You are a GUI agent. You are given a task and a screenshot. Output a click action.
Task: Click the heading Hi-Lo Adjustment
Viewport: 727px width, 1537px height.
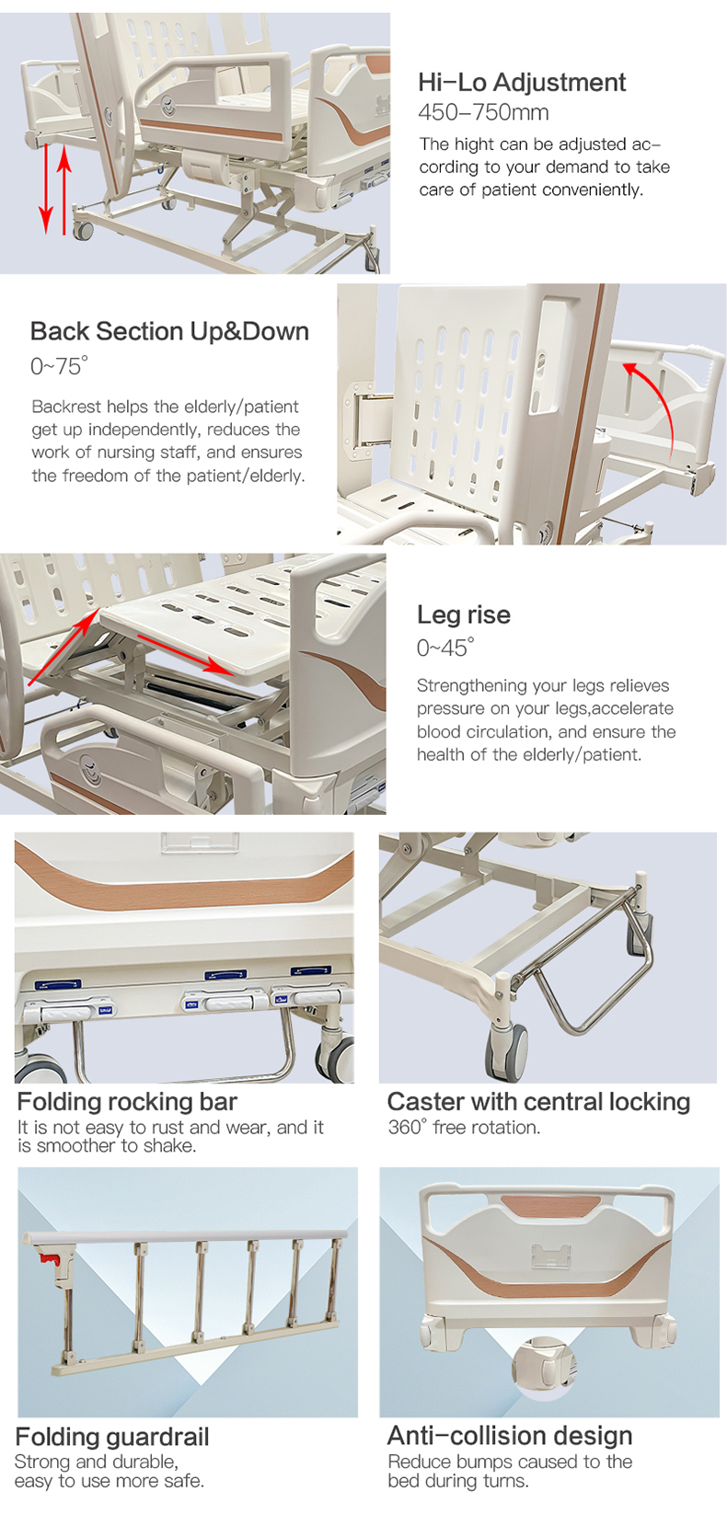pos(522,83)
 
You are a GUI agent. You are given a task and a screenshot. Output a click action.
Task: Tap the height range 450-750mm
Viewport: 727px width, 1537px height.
pos(483,112)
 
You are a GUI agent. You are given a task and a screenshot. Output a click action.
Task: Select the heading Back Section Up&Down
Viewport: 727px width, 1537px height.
pos(169,331)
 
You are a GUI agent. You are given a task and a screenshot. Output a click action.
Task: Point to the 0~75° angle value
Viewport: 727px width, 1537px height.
pos(59,366)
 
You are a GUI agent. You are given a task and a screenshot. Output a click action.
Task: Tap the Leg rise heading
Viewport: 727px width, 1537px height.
pos(464,614)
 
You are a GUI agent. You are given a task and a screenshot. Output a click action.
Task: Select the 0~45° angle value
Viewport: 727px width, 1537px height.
pos(444,647)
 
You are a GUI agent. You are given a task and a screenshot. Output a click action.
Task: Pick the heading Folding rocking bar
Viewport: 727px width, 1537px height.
pos(127,1101)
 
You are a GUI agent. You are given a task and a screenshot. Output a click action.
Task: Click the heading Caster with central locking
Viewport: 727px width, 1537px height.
pos(538,1101)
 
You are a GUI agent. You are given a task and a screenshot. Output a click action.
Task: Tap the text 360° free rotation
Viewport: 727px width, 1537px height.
pos(464,1127)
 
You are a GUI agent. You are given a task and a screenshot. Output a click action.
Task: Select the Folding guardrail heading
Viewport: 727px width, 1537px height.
pos(112,1436)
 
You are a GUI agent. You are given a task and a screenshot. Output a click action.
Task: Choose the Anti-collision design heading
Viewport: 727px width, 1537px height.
pos(510,1435)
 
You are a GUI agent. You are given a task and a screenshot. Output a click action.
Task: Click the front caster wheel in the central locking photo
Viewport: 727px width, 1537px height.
pos(507,1050)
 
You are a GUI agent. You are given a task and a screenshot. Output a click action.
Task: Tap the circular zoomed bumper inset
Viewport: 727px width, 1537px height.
pos(544,1367)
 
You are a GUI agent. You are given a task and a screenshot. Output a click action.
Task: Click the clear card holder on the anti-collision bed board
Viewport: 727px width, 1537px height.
pos(551,1255)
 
